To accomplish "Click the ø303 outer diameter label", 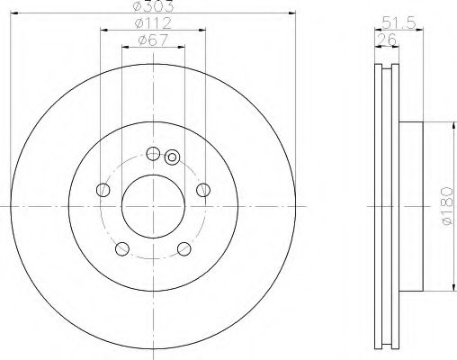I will (152, 7).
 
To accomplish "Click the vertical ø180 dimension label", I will (441, 208).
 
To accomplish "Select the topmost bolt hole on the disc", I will (152, 152).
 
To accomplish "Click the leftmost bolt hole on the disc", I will (103, 190).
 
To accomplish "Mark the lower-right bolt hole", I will (184, 248).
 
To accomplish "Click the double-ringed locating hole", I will (173, 160).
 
